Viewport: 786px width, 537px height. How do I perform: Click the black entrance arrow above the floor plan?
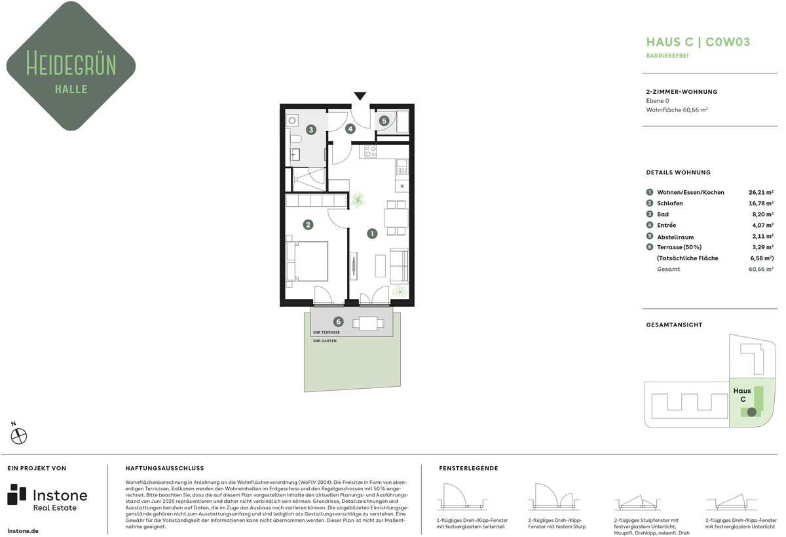coord(360,96)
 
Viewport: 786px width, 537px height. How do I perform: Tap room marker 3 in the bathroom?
coord(311,130)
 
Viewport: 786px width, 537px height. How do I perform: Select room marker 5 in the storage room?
coord(384,121)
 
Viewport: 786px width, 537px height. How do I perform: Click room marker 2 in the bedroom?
coord(308,224)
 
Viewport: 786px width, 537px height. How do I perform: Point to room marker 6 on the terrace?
coord(338,321)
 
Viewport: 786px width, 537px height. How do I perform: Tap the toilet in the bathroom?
coord(296,140)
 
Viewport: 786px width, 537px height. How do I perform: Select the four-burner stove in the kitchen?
coord(371,151)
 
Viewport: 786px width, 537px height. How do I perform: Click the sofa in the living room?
coord(400,266)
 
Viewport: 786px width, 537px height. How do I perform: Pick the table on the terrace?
coord(368,323)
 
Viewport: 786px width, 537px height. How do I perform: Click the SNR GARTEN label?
coord(325,341)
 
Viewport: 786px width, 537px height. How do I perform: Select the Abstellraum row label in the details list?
coord(675,237)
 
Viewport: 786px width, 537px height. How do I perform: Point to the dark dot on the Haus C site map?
coord(752,412)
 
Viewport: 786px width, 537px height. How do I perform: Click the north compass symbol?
coord(18,436)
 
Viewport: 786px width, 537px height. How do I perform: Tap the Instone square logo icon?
coord(16,494)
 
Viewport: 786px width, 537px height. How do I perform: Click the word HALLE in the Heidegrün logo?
coord(71,89)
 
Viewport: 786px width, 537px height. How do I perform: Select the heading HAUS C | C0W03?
coord(698,42)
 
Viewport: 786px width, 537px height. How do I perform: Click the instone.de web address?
coord(23,531)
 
